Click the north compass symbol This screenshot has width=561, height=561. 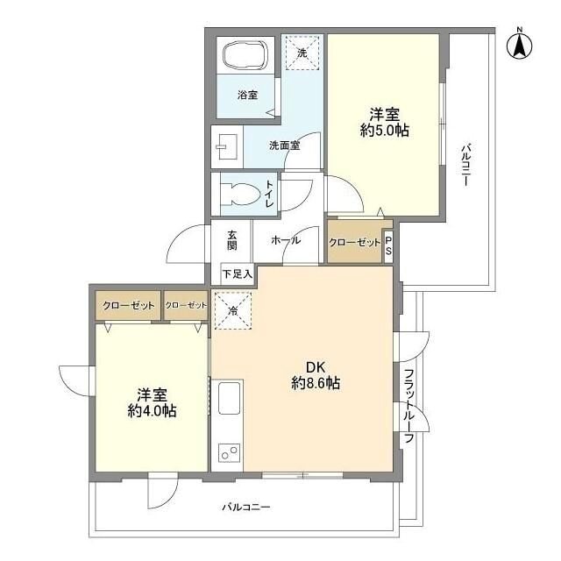click(x=520, y=45)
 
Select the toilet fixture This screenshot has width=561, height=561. click(x=240, y=193)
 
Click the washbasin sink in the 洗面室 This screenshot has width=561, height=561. click(x=227, y=145)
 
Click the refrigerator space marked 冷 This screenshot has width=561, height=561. click(x=233, y=312)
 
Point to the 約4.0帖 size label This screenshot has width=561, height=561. click(x=152, y=410)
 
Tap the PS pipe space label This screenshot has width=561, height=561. click(x=388, y=243)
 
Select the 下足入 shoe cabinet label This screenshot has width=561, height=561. click(x=237, y=274)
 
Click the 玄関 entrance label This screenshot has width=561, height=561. click(x=232, y=240)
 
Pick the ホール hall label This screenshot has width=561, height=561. click(x=287, y=240)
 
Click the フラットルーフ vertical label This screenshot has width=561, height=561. click(x=408, y=408)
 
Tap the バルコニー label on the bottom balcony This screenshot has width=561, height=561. click(x=246, y=507)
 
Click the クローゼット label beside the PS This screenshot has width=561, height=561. click(x=354, y=243)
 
